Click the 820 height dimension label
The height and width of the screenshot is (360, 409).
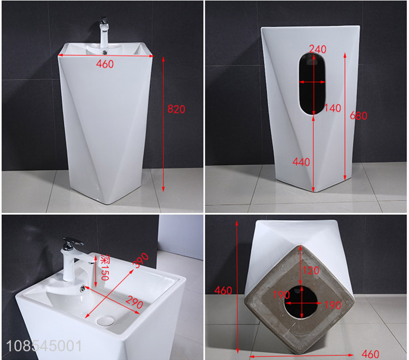point(176,109)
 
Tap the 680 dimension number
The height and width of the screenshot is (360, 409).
point(358,115)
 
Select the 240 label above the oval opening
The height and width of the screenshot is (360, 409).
point(317,49)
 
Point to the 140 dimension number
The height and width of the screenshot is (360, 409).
point(333,108)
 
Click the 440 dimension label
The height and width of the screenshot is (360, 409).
point(301,162)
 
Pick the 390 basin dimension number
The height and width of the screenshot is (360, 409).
point(141,260)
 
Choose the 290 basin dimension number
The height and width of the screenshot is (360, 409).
point(134,302)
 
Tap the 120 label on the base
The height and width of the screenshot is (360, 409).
point(311,271)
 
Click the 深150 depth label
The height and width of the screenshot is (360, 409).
point(105,268)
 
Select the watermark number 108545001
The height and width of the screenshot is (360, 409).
point(44,346)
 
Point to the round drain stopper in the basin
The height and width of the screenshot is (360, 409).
point(106,321)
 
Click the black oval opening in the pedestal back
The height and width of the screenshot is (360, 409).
point(312,84)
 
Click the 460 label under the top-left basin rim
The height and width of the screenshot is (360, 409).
point(105,64)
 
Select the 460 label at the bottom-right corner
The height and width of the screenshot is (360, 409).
point(370,354)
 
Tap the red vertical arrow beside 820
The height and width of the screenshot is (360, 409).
point(163,124)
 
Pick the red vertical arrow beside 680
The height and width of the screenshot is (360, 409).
point(345,116)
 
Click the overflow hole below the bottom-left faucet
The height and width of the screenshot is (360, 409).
point(83,288)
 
